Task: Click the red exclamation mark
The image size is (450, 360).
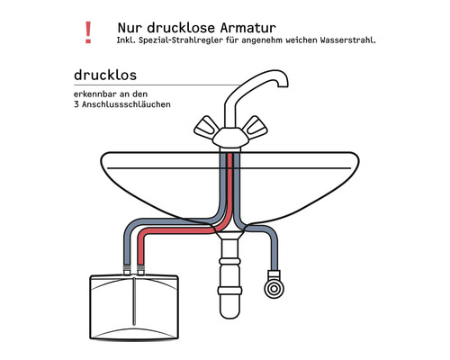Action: tap(87, 33)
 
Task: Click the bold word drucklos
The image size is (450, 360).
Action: tap(105, 74)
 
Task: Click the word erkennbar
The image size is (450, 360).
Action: tap(96, 94)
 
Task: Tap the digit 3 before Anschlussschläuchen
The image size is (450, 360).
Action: tap(77, 104)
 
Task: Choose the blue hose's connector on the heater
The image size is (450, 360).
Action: tap(125, 269)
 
